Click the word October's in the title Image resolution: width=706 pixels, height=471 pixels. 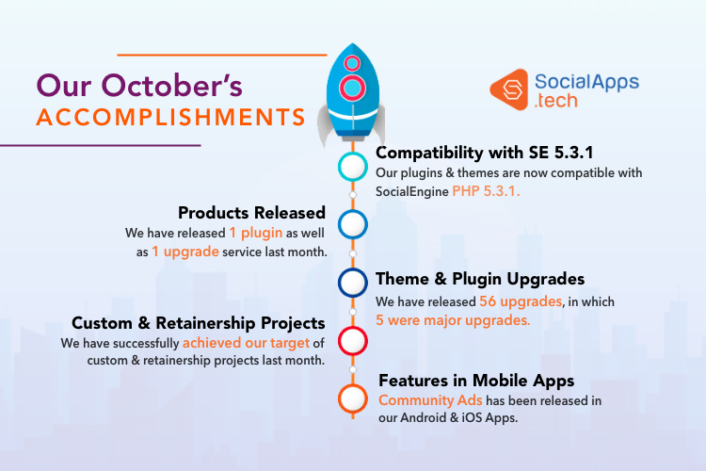point(171,85)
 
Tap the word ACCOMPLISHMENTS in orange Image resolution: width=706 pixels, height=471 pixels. point(171,117)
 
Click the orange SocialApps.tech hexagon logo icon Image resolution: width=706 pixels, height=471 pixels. point(508,89)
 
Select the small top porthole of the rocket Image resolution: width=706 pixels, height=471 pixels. point(352,63)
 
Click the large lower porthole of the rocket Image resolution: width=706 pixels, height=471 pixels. point(352,88)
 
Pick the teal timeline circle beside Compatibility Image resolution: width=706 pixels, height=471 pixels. point(353,167)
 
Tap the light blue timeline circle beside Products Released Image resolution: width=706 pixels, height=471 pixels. point(353,224)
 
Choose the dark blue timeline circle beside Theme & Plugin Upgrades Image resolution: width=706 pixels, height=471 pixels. point(353,283)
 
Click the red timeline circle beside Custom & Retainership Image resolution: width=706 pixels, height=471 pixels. point(353,341)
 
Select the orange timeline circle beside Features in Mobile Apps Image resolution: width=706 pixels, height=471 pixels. point(353,398)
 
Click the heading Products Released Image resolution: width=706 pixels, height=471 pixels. point(251,213)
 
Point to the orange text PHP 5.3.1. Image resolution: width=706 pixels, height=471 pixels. point(486,191)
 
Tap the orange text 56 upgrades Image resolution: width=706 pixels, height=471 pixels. point(521,301)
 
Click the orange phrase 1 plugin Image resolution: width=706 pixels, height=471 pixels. point(256,233)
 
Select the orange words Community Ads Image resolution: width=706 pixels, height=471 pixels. point(430,400)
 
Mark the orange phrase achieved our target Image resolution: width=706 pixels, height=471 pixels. point(247,343)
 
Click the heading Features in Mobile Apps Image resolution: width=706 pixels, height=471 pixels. point(476,382)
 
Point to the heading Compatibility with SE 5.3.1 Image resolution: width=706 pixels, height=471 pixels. point(485,153)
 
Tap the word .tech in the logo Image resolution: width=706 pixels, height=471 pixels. point(555,101)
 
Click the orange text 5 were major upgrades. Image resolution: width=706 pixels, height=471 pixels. point(453,320)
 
